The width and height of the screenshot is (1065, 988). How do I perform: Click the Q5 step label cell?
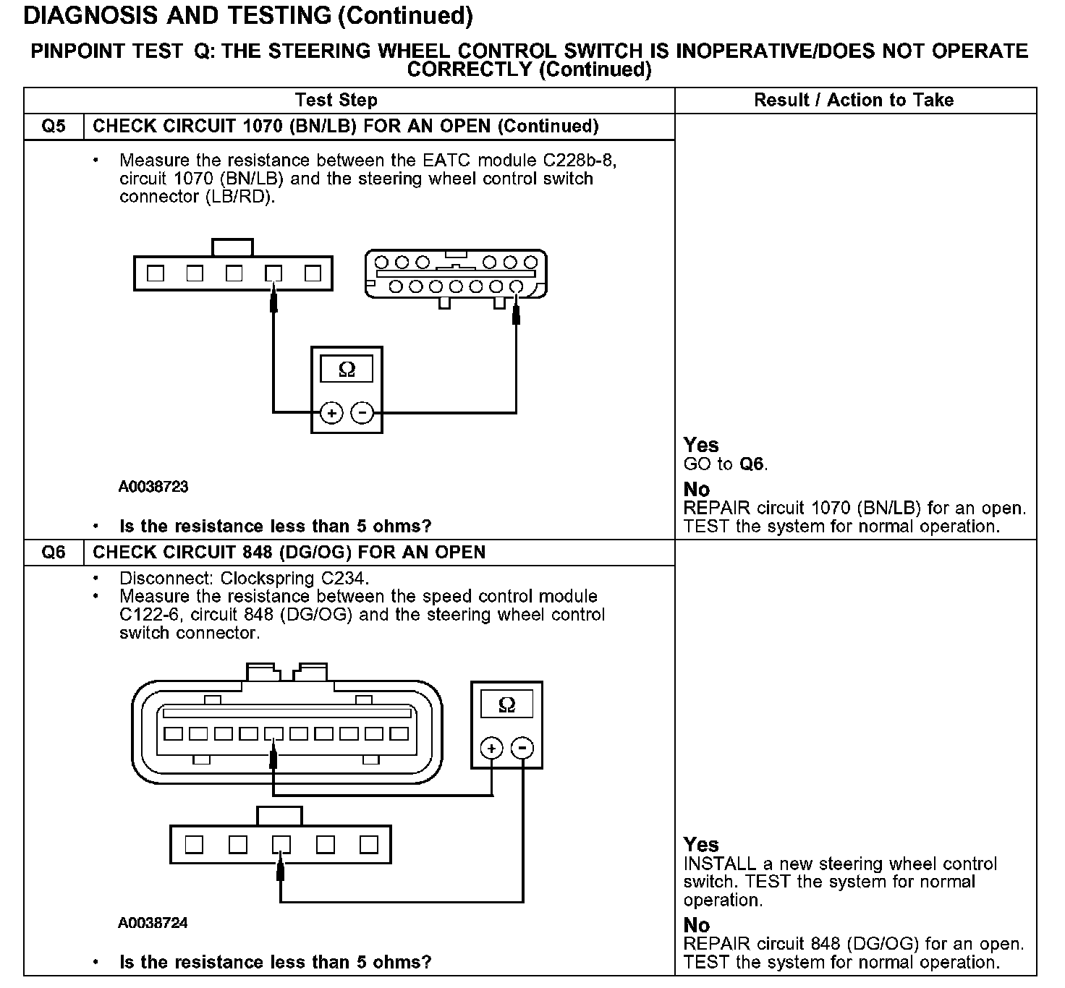point(54,127)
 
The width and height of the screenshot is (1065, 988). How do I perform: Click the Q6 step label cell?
point(54,553)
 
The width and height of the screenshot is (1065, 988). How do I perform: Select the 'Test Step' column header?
point(336,101)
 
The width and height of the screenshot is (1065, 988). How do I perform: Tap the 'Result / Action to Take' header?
point(854,101)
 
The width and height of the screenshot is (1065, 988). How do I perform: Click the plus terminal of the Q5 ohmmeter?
point(331,413)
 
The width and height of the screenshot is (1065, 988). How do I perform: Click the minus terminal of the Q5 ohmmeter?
point(362,413)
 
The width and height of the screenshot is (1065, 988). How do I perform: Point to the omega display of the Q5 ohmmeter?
point(347,370)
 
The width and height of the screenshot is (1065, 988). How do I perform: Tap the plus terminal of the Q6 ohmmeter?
point(491,748)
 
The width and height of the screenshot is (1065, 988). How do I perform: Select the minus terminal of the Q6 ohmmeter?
point(523,748)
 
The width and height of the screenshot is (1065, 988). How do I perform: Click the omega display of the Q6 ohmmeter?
point(507,704)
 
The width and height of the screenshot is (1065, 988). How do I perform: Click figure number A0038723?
point(153,487)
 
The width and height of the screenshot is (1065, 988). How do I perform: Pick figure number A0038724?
point(153,923)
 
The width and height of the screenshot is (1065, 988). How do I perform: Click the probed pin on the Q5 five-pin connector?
point(273,274)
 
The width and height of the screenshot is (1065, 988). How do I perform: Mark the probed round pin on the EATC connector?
point(516,287)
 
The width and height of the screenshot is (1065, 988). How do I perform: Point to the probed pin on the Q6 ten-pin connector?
point(273,734)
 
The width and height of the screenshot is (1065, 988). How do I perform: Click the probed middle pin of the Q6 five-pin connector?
point(281,845)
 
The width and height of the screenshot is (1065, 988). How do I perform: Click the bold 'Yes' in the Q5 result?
point(701,445)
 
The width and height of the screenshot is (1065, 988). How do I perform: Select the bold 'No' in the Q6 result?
point(697,925)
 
